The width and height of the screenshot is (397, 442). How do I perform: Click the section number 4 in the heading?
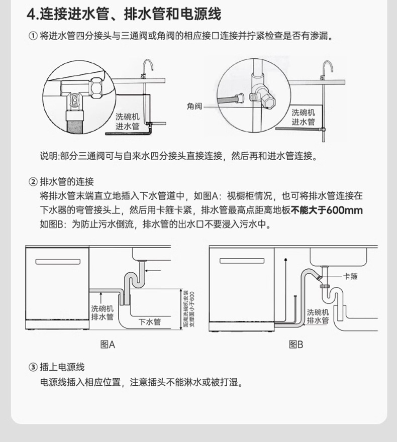[x=30, y=14]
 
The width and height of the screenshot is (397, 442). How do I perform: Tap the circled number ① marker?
[x=33, y=37]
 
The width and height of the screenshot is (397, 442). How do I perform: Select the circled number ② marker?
[x=33, y=182]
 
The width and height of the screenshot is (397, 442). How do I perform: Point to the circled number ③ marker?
[x=33, y=368]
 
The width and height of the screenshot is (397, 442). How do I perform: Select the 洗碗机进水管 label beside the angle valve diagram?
[x=303, y=118]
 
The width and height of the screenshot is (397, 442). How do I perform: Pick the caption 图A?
[x=108, y=345]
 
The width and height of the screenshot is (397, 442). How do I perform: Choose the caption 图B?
[x=296, y=345]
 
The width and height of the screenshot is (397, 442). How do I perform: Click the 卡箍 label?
[x=350, y=276]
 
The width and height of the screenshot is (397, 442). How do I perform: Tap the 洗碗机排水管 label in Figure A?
[x=102, y=313]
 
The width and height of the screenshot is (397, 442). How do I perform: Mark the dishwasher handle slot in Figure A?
[x=57, y=261]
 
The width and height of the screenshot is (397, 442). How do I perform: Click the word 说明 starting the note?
[x=49, y=156]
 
